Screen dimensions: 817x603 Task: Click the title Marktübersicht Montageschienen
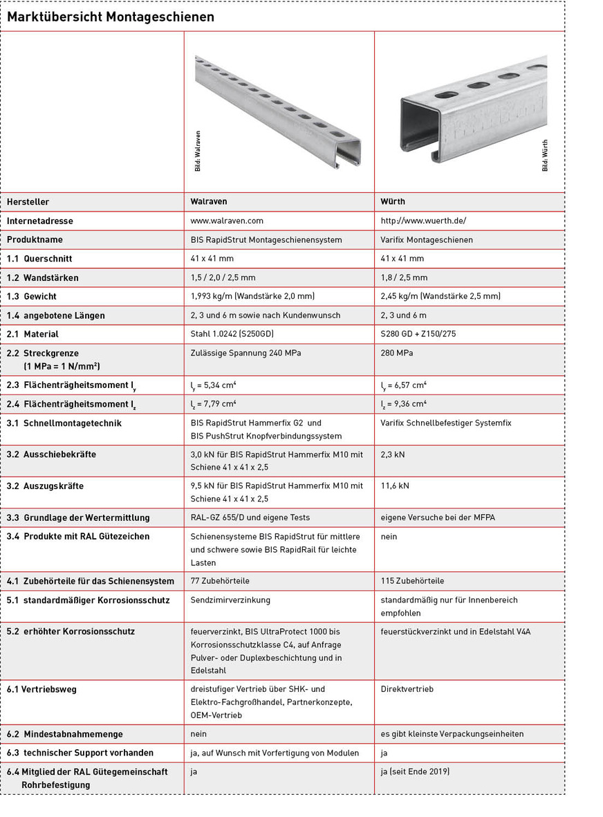pos(111,17)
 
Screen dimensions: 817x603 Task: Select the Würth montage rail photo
pos(474,111)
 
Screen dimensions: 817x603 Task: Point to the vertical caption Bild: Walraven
pos(198,151)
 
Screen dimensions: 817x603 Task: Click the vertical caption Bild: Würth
pos(545,156)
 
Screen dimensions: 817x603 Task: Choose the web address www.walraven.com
pos(227,221)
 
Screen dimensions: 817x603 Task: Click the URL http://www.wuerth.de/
pos(423,221)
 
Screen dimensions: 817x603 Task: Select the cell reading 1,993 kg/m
pos(252,296)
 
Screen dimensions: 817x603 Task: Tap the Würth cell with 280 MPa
pos(397,353)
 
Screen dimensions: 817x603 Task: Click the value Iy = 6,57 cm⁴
pos(403,385)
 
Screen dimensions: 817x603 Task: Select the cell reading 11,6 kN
pos(395,486)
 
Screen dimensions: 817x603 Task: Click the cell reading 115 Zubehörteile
pos(412,581)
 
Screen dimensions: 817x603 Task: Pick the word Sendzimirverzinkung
pos(230,600)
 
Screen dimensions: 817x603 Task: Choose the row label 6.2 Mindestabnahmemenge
pos(65,734)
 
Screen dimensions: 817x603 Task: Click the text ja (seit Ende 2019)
pos(415,771)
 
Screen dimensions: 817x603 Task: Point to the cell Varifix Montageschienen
pos(427,239)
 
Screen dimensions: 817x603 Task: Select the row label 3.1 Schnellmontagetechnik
pos(64,423)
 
